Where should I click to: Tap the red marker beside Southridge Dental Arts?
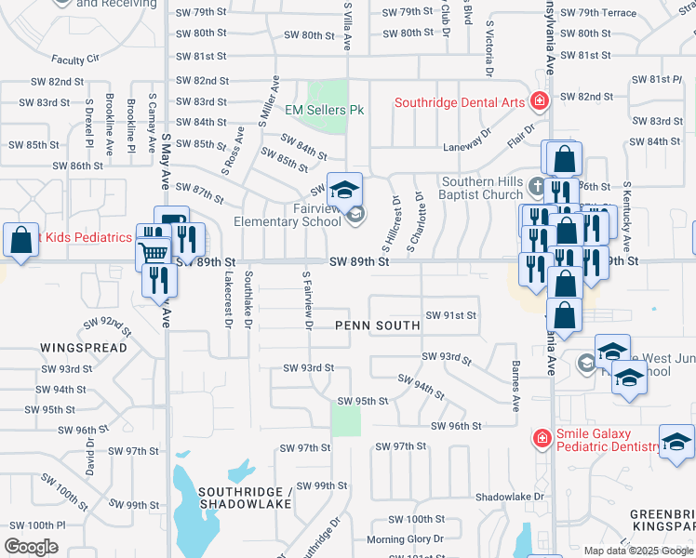click(x=538, y=100)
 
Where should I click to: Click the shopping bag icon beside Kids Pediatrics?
click(x=20, y=240)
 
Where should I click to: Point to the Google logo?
click(x=32, y=547)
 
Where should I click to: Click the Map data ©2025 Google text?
click(x=638, y=551)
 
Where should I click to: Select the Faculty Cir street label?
click(x=75, y=59)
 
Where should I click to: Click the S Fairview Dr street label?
click(x=305, y=299)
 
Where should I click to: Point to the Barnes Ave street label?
click(x=514, y=387)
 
